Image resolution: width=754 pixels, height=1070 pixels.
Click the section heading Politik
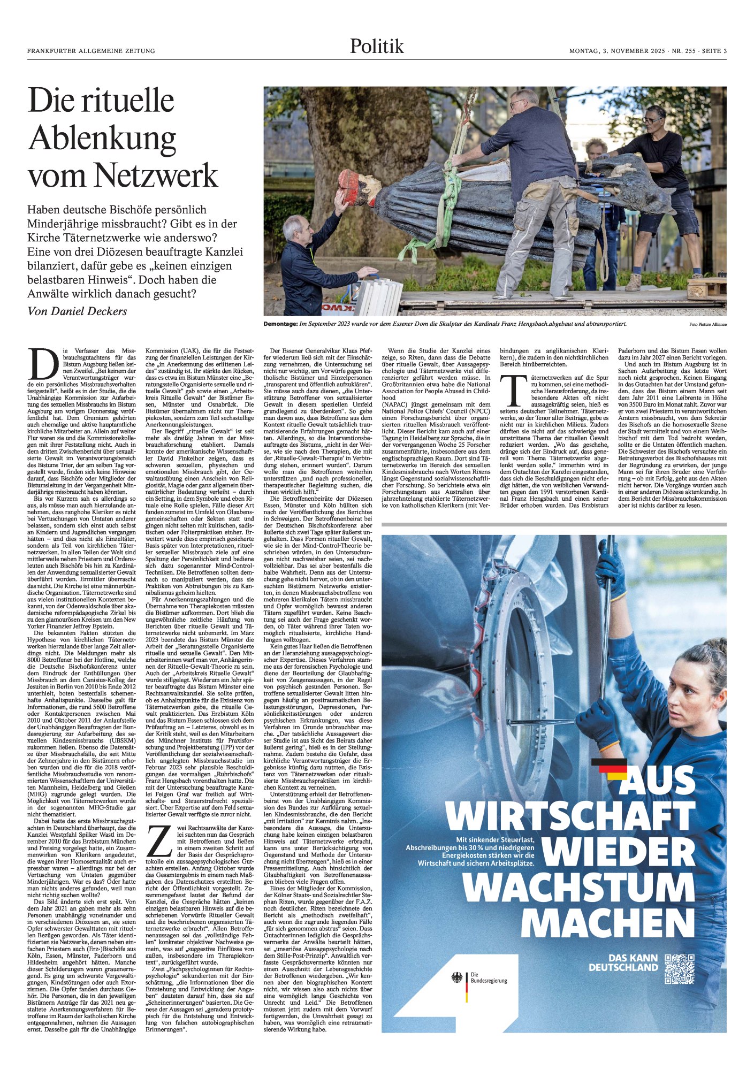pyautogui.click(x=377, y=47)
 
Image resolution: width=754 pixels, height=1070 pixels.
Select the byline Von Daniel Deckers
pyautogui.click(x=77, y=311)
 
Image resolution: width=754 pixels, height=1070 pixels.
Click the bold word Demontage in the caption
pyautogui.click(x=280, y=324)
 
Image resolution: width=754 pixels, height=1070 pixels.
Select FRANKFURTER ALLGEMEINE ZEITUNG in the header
pyautogui.click(x=91, y=51)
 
